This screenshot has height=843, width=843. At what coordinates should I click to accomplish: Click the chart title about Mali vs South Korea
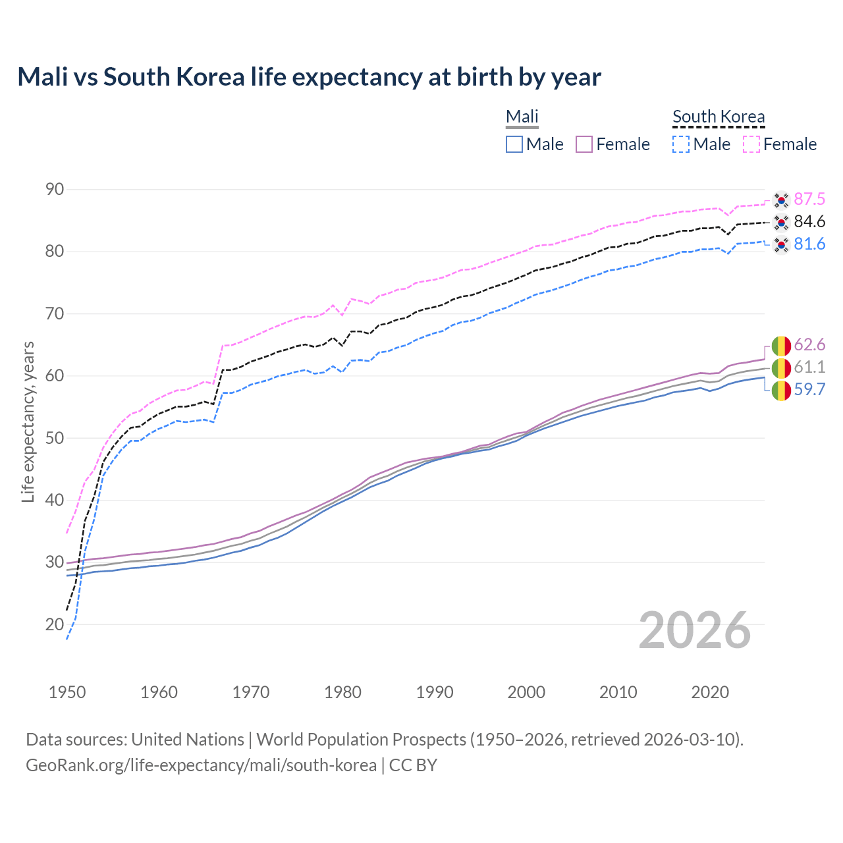pos(309,77)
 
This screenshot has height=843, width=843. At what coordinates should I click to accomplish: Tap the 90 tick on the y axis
pos(55,190)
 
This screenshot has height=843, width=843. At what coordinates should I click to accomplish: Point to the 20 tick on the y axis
pos(55,624)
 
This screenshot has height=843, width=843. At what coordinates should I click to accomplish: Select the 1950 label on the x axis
pos(67,692)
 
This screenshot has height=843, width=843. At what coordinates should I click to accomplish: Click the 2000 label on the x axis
pos(526,692)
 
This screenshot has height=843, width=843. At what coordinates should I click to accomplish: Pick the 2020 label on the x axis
pos(710,692)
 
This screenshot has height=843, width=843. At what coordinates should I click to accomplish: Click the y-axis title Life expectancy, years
pos(28,421)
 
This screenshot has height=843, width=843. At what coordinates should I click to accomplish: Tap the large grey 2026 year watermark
pos(695,630)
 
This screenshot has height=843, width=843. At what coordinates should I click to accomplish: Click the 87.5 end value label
pos(809,199)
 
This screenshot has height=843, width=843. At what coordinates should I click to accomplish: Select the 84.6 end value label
pos(809,221)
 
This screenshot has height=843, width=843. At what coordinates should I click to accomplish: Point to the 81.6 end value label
pos(809,244)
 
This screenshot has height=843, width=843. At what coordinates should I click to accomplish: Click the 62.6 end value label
pos(809,344)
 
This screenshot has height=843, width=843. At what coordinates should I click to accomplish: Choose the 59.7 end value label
pos(809,389)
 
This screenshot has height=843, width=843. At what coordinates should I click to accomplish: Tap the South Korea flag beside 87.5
pos(781,200)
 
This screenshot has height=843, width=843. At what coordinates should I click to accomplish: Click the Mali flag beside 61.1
pos(781,367)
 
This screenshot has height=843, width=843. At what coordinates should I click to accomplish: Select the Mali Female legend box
pos(585,144)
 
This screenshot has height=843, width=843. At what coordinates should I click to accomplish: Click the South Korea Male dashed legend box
pos(681,144)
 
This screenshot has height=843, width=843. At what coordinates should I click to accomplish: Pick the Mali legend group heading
pos(522,117)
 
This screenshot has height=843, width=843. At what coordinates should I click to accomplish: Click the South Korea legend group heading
pos(719,117)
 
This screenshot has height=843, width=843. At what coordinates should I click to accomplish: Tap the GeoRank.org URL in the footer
pos(201,765)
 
